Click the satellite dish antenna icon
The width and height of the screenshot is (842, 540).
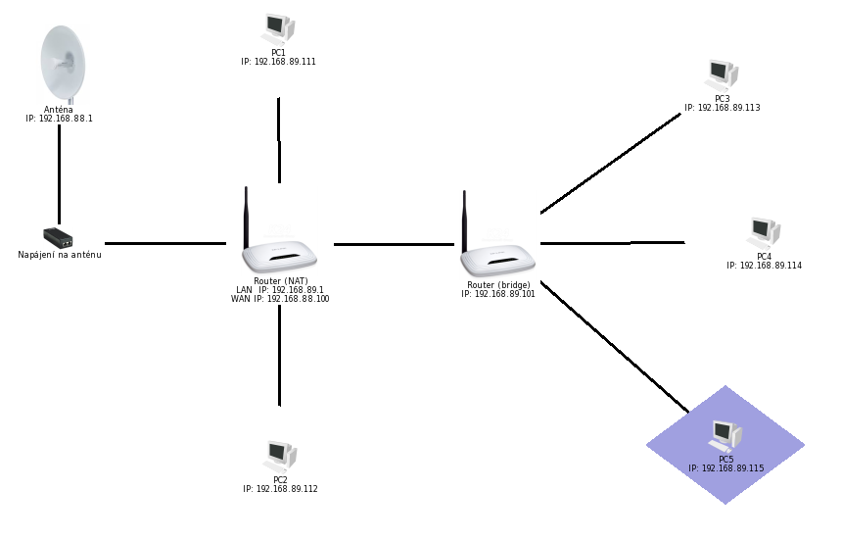[x=63, y=65]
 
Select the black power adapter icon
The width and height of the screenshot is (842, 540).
[x=58, y=237]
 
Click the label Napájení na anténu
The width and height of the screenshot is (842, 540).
[x=60, y=255]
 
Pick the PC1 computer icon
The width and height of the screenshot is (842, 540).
[x=278, y=30]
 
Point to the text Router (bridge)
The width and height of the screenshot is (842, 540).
[x=498, y=285]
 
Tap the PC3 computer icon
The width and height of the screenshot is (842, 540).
[x=722, y=76]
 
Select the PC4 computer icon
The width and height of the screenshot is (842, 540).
[x=764, y=234]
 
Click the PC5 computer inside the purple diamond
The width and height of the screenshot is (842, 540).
[x=725, y=437]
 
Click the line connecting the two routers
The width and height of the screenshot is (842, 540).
[x=395, y=244]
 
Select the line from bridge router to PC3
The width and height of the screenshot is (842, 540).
[x=611, y=164]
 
